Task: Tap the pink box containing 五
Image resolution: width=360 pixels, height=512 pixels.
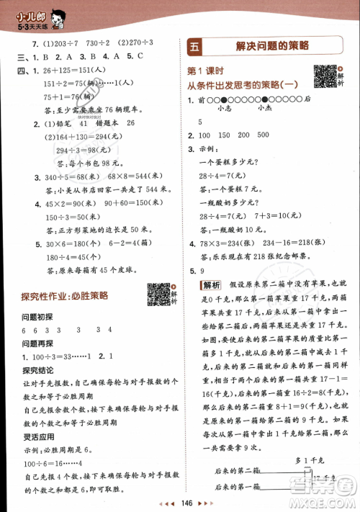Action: click(x=196, y=45)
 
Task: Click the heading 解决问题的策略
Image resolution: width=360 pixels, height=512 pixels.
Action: click(x=273, y=45)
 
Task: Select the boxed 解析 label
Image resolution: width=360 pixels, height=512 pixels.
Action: click(x=211, y=284)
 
